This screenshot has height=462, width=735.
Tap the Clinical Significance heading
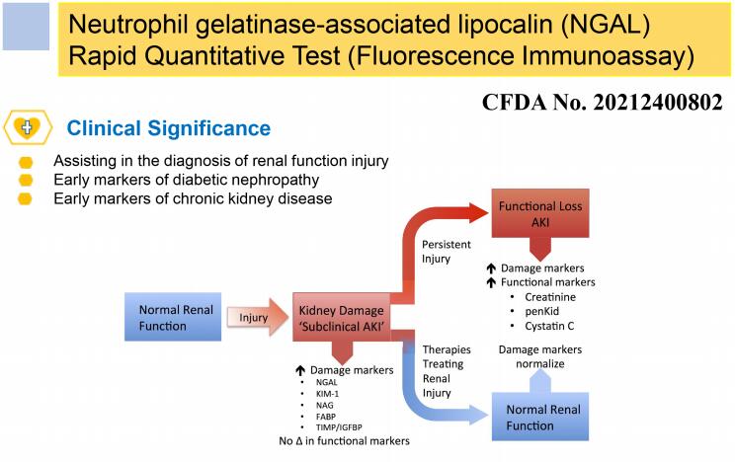click(168, 128)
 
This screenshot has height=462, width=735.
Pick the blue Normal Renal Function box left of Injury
click(163, 317)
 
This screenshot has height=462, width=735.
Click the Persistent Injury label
click(448, 252)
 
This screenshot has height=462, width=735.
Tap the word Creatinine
click(551, 296)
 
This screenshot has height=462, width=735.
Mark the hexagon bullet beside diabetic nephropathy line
click(26, 181)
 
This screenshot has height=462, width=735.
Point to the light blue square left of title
click(25, 27)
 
